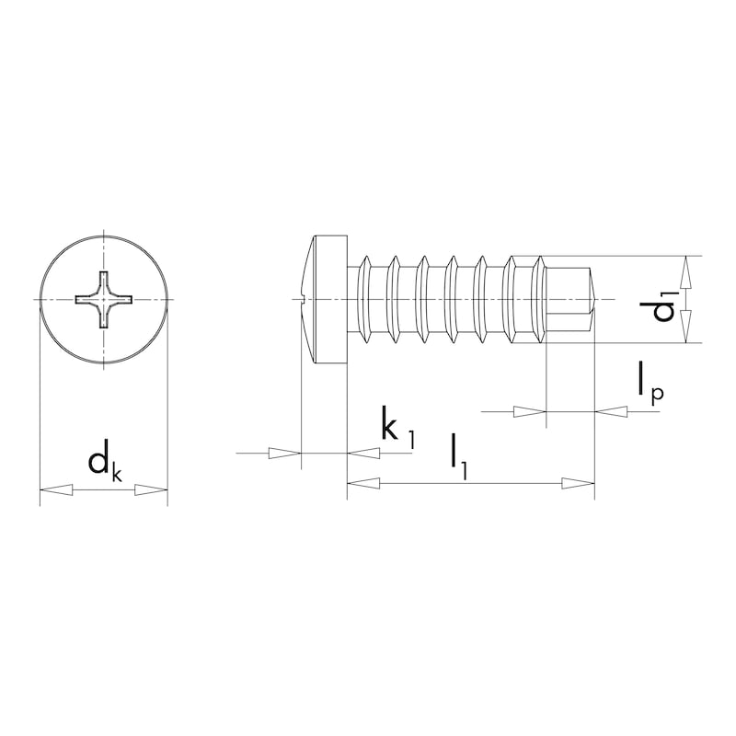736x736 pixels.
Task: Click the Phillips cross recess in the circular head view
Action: point(104,300)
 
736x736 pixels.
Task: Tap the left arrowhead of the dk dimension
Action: point(56,489)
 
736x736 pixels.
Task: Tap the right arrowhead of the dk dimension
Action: point(151,489)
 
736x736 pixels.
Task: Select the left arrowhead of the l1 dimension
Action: point(363,483)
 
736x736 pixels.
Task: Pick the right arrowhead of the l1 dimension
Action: point(579,483)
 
